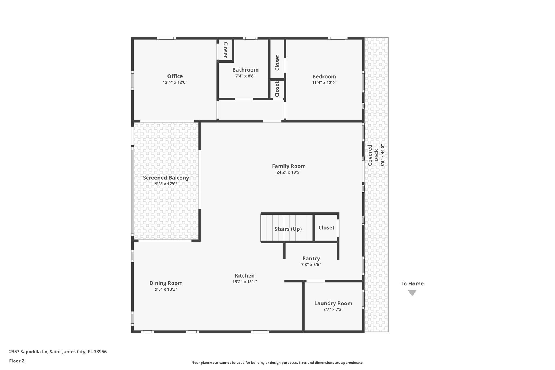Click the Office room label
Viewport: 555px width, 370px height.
[175, 76]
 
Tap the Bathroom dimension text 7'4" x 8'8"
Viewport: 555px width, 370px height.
[245, 76]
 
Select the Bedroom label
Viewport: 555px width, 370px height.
[324, 76]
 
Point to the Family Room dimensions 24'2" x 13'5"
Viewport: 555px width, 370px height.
[289, 172]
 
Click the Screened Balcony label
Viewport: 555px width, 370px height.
[166, 178]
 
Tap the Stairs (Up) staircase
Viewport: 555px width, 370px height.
[288, 229]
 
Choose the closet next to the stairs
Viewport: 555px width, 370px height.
[326, 227]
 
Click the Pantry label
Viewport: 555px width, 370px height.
[311, 258]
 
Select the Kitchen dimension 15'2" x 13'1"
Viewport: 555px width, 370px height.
[244, 282]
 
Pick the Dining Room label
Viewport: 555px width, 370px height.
[166, 283]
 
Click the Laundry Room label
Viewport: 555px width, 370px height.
[333, 303]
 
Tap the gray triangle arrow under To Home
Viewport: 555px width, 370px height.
[412, 293]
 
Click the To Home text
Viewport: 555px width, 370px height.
[412, 284]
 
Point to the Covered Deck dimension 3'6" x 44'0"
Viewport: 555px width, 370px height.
[383, 155]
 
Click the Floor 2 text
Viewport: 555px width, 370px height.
[17, 361]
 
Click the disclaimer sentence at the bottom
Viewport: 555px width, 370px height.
[277, 363]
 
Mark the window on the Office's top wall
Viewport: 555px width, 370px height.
[166, 38]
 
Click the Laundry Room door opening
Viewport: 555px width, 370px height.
[315, 281]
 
